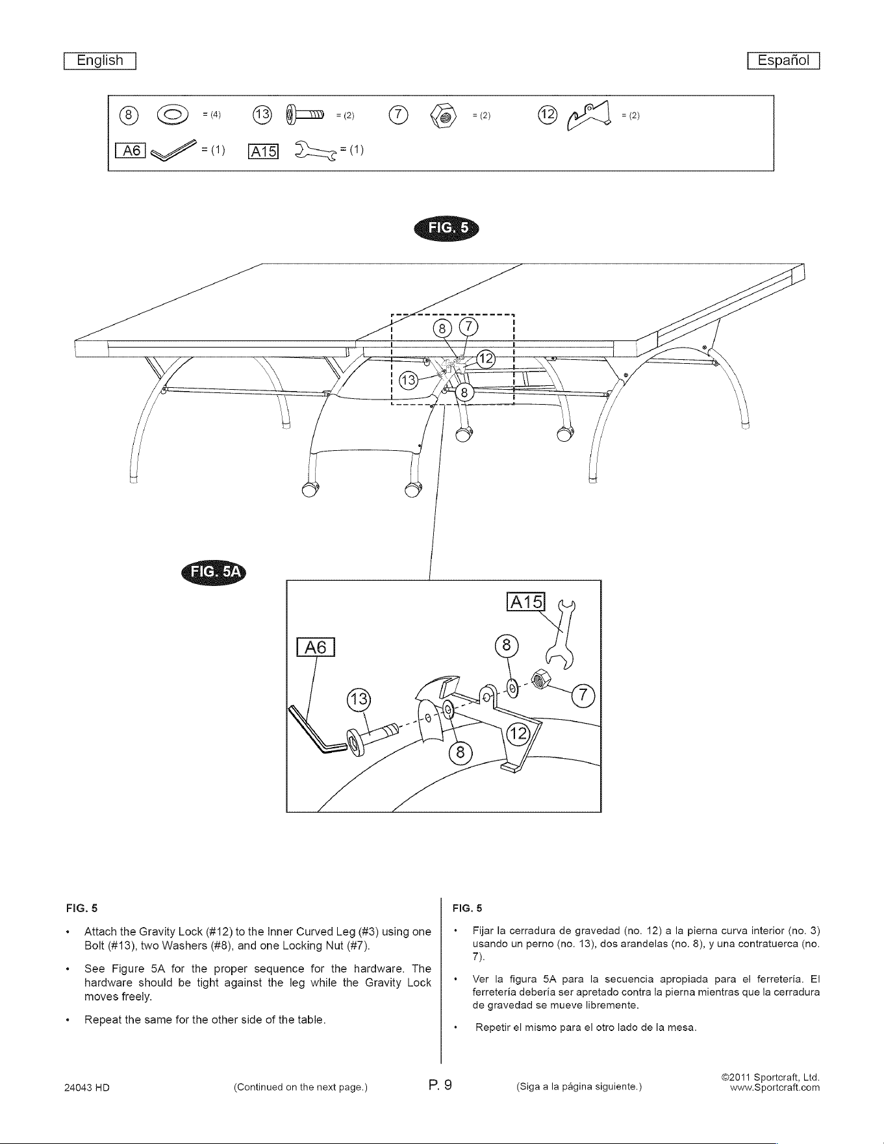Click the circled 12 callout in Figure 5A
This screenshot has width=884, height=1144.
tap(518, 733)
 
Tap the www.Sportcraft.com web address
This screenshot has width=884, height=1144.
tap(776, 1087)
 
